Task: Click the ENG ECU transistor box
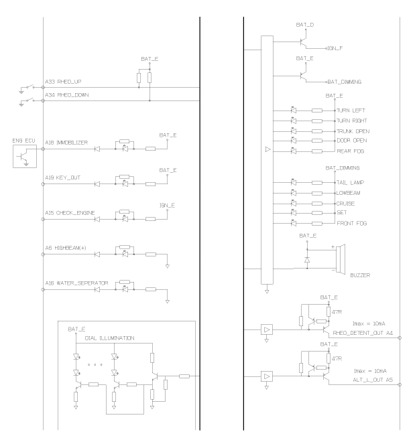pos(25,156)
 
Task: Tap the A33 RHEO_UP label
pos(63,82)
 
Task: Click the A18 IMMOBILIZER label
pos(66,143)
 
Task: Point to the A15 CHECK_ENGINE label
pos(70,213)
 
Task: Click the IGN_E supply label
pos(167,206)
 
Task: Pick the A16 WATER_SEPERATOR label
pos(76,283)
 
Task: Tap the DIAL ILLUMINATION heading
pos(109,338)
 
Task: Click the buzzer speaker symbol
pos(341,259)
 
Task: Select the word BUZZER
pos(360,275)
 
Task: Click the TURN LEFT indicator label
pos(351,110)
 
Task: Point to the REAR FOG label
pos(351,151)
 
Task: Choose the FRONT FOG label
pos(351,224)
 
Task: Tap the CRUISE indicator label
pos(345,204)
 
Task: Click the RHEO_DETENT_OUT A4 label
pos(363,333)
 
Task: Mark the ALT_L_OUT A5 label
pos(373,380)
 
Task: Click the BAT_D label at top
pos(305,25)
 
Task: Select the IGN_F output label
pos(335,49)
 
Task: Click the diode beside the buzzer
pos(307,260)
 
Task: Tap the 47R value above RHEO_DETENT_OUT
pos(337,312)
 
